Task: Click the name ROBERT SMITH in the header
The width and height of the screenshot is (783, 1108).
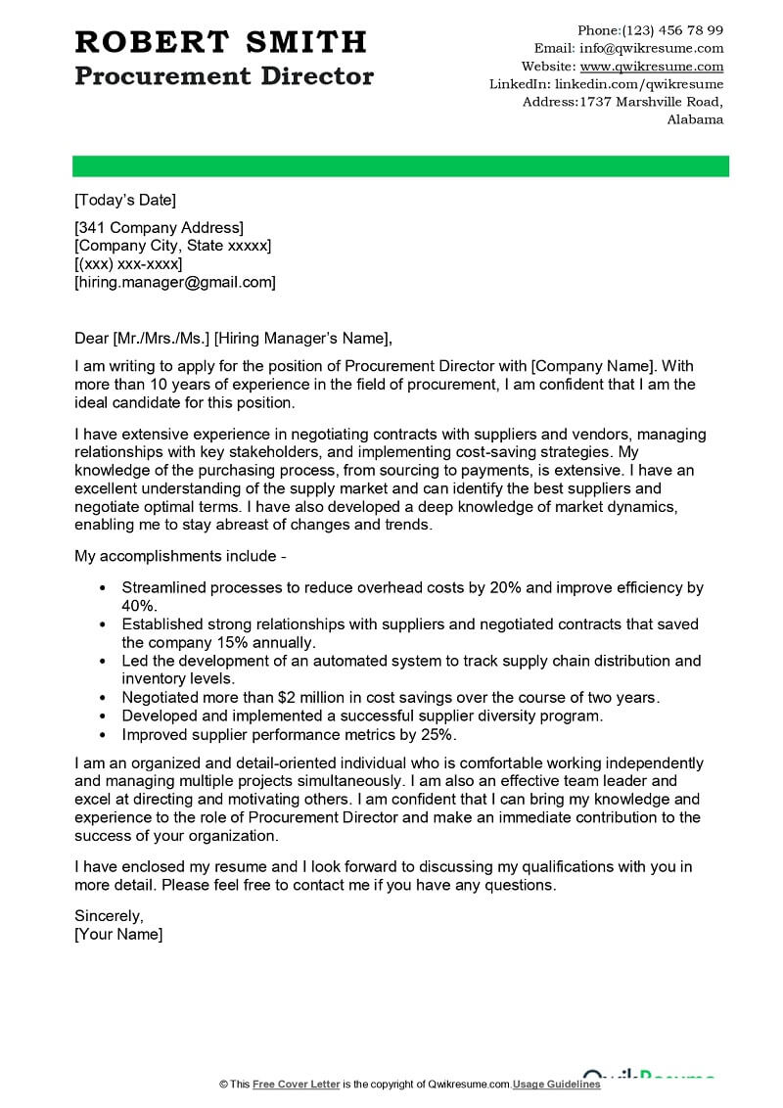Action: [220, 41]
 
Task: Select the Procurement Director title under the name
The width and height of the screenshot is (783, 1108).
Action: [223, 76]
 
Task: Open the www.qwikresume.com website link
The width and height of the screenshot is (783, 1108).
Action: [652, 67]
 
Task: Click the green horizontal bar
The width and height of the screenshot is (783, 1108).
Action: [401, 166]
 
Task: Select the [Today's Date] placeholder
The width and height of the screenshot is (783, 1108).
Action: [125, 201]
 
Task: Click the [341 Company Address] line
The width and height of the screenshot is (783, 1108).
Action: [159, 228]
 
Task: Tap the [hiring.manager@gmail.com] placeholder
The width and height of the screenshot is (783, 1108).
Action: [175, 282]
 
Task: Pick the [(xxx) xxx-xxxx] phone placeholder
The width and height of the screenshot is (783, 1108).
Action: [128, 264]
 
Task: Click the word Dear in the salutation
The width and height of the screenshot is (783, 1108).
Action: [91, 339]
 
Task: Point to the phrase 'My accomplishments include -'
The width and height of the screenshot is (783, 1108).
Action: [180, 556]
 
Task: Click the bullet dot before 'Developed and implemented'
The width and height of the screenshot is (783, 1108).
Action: [103, 716]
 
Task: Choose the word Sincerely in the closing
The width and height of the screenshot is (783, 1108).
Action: [109, 916]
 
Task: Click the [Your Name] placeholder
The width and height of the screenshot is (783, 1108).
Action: [118, 934]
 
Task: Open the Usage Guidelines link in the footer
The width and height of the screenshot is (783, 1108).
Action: [556, 1085]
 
